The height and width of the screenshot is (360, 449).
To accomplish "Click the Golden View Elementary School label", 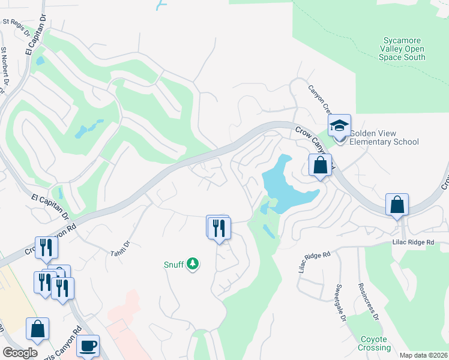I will tap(384, 137).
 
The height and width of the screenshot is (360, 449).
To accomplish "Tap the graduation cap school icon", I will tap(339, 126).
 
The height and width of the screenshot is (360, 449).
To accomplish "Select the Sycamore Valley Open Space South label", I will tap(402, 49).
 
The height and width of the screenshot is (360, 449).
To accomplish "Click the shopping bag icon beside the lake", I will tap(321, 164).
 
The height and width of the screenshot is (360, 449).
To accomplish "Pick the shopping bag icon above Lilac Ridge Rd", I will tap(397, 205).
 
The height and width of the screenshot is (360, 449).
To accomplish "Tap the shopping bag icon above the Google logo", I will tap(37, 329).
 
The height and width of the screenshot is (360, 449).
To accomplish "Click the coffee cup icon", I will tap(88, 346).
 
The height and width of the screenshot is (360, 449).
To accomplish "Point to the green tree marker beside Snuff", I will tap(192, 263).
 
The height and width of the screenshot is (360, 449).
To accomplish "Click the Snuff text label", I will tap(174, 264).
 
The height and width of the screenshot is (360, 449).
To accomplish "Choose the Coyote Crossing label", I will tap(375, 343).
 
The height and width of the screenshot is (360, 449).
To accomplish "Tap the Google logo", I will tap(20, 353).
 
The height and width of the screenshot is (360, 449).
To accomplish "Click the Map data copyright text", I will tap(423, 355).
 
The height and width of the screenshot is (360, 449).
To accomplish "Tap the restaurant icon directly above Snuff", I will tap(219, 228).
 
